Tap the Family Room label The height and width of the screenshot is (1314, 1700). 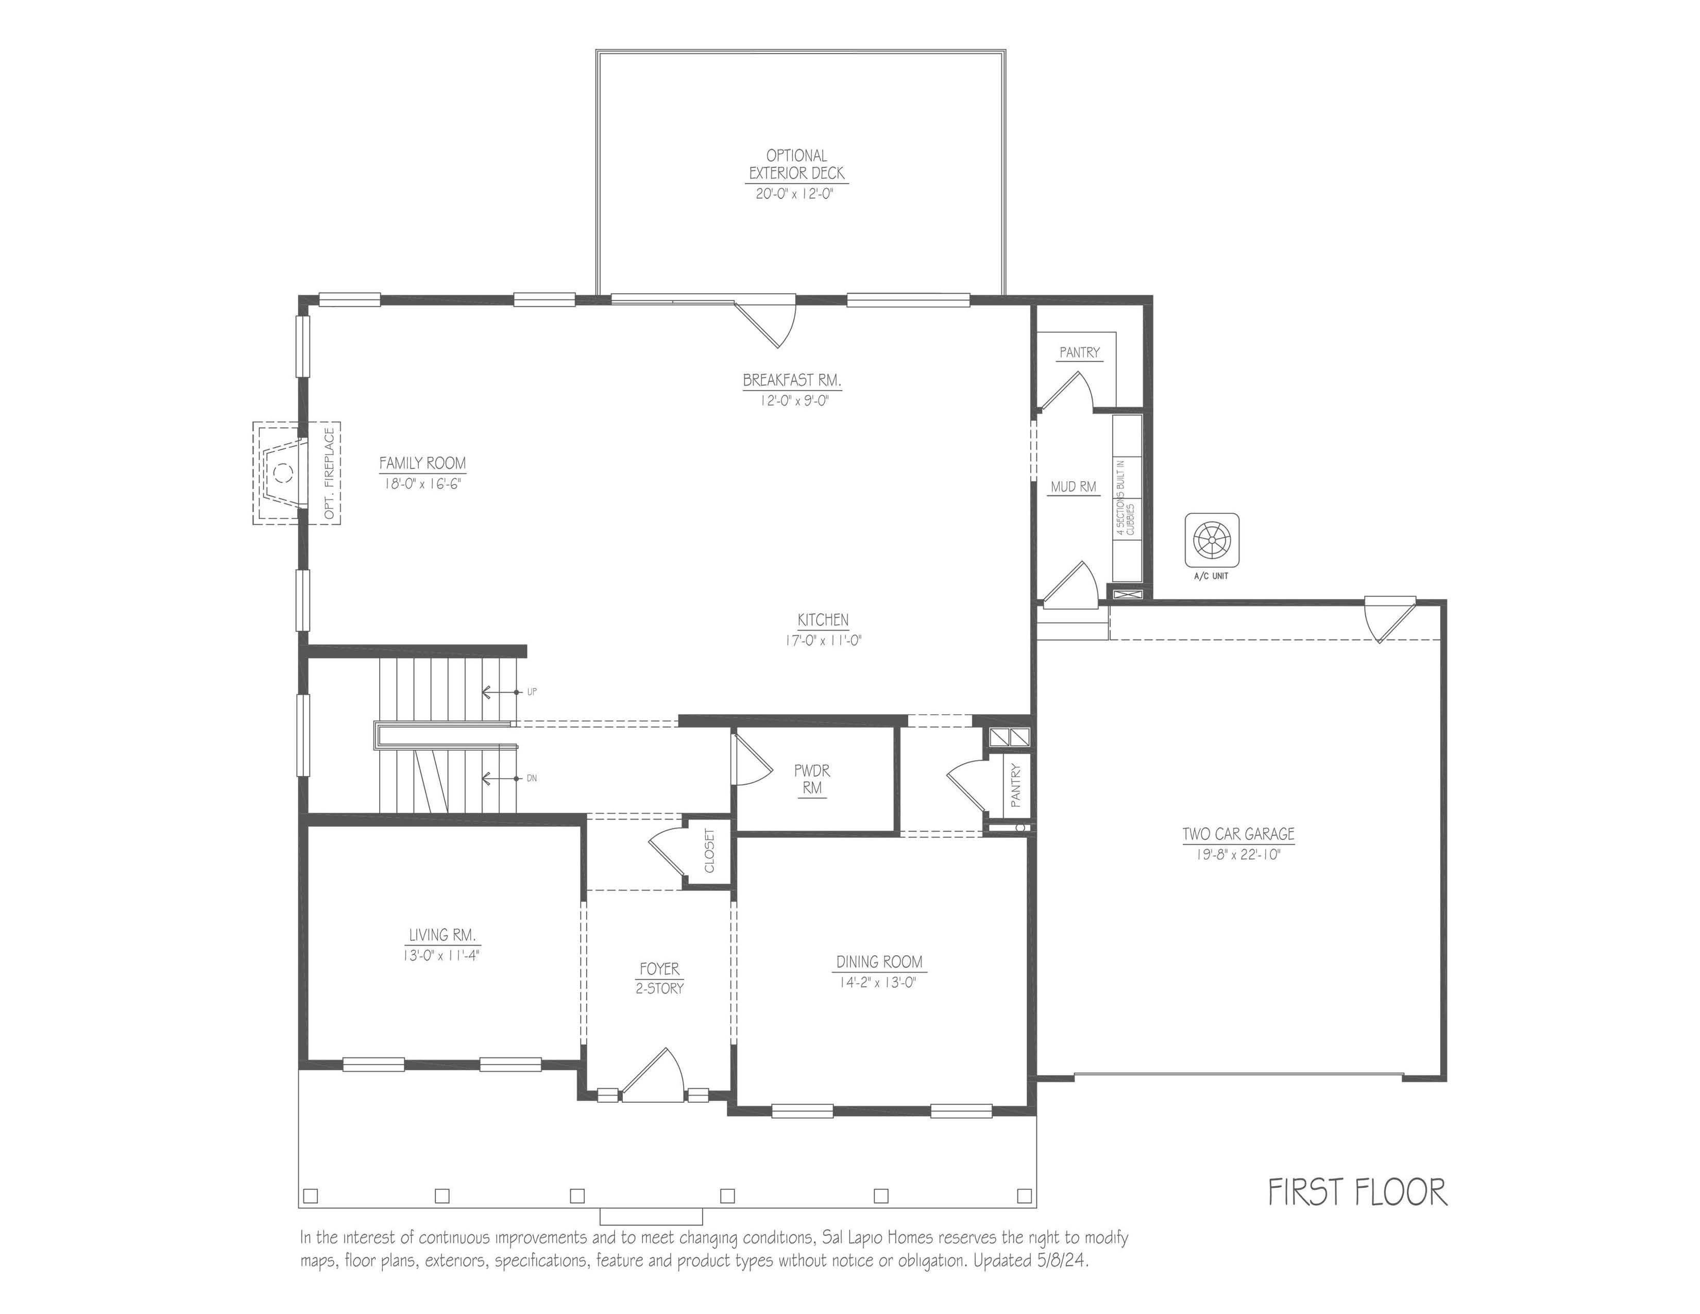(x=422, y=463)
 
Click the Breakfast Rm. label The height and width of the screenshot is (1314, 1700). (x=792, y=381)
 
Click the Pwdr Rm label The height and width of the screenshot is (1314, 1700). (x=812, y=779)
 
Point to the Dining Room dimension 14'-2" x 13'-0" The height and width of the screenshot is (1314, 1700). (x=877, y=982)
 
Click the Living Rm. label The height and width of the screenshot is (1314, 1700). (x=442, y=935)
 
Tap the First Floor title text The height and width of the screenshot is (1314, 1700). (x=1357, y=1192)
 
